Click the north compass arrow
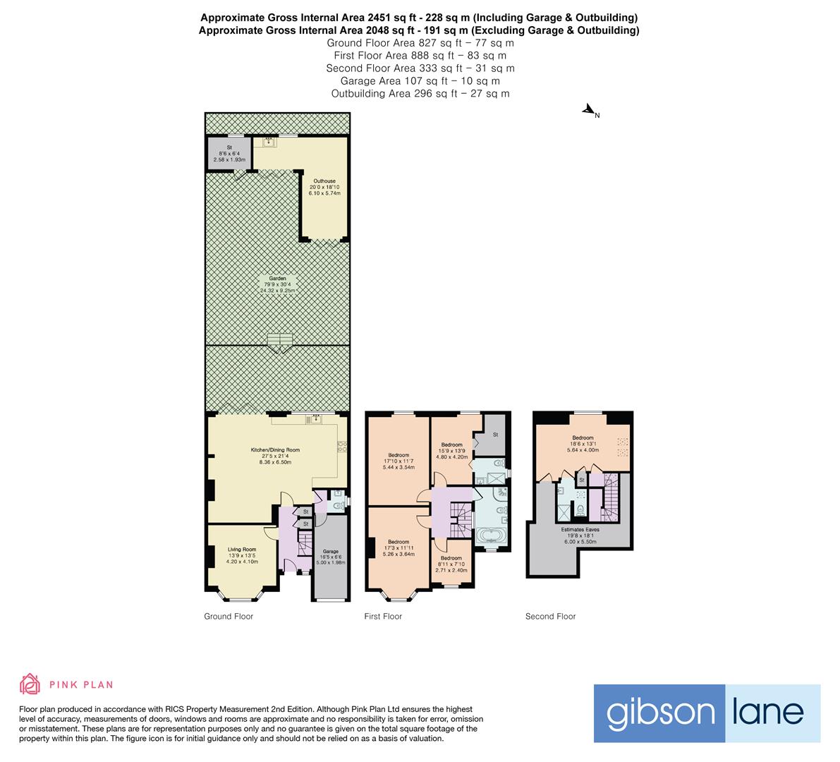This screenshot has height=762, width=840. point(588,110)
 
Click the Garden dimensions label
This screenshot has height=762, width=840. point(276,284)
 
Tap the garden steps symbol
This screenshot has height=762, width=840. point(280,344)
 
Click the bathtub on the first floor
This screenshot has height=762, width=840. point(492,538)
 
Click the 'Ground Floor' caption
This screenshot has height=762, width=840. point(229,616)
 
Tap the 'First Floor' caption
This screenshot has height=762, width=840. point(383,616)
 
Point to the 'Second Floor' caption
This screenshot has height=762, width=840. point(550,616)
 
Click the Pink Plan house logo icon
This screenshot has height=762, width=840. point(30,684)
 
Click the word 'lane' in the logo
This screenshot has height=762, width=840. point(772,713)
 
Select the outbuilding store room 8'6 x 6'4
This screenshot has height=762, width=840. point(229,154)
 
